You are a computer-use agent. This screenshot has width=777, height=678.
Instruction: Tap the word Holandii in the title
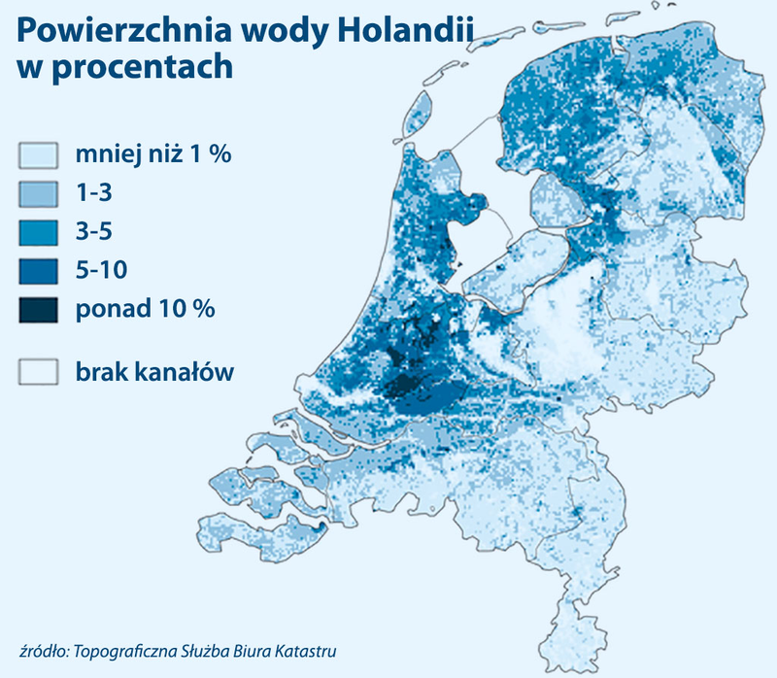click(x=402, y=31)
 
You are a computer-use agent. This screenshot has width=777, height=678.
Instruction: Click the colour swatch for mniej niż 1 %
click(x=40, y=155)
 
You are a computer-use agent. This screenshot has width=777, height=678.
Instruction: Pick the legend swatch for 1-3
click(x=40, y=194)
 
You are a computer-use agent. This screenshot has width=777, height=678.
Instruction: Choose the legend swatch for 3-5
click(x=40, y=232)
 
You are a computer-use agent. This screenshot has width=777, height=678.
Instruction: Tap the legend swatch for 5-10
click(x=40, y=271)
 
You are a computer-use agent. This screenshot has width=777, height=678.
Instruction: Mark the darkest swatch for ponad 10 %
click(x=40, y=310)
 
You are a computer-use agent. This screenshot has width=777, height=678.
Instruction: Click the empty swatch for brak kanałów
click(x=40, y=372)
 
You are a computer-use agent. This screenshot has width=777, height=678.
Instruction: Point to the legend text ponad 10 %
click(x=144, y=310)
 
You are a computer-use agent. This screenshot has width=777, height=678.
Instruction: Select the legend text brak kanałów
click(x=153, y=372)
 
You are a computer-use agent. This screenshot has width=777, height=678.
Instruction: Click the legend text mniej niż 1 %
click(x=153, y=155)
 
